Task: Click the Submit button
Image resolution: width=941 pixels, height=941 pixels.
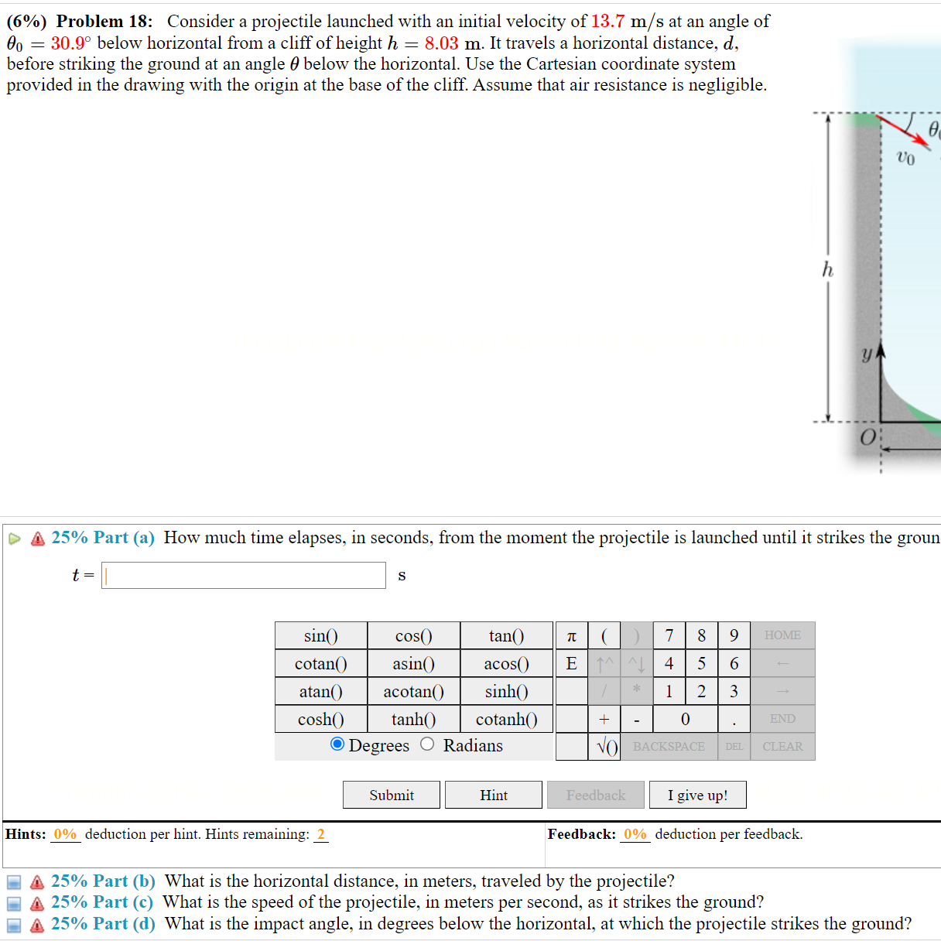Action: (391, 795)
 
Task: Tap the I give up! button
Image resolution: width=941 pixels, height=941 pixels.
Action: (697, 795)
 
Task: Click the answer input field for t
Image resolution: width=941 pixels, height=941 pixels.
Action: (244, 575)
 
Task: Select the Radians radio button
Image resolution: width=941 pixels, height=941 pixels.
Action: (427, 744)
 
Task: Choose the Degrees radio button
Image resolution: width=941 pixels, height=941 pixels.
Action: (337, 744)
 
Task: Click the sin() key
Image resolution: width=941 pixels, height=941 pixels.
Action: (320, 635)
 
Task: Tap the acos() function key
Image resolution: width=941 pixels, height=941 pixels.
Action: (506, 663)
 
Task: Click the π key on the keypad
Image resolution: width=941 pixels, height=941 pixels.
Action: (571, 635)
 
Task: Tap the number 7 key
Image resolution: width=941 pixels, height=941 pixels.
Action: (669, 635)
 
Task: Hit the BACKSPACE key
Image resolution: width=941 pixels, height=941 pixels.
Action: (669, 747)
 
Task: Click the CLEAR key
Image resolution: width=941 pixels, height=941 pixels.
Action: (782, 747)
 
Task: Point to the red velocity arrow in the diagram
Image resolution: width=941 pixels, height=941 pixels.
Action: (905, 131)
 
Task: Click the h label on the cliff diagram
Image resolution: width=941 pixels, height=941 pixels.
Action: (828, 269)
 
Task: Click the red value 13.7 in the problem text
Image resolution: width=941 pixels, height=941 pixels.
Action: (607, 22)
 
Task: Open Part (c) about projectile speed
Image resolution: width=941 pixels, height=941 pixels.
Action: (102, 902)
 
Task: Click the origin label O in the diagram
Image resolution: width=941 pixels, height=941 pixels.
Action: (867, 438)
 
